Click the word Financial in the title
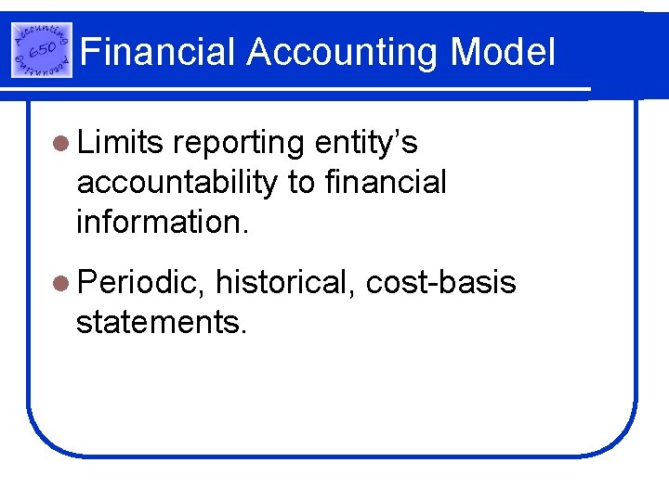tap(159, 52)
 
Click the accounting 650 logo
tap(41, 50)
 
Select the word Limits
tap(121, 144)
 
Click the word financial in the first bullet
tap(387, 182)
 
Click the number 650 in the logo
tap(40, 50)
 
